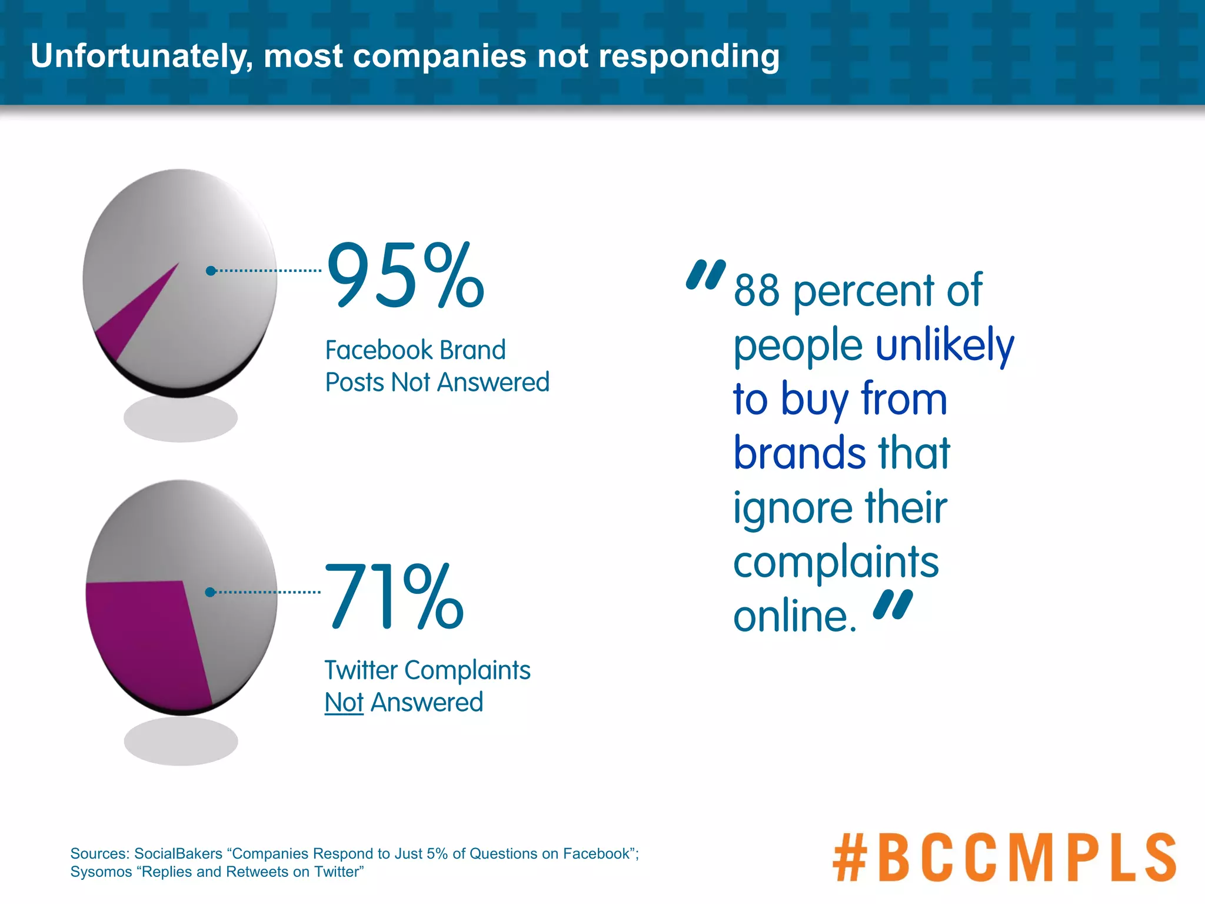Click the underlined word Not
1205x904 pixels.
344,703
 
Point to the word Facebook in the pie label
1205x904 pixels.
378,350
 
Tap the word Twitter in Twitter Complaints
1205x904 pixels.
361,670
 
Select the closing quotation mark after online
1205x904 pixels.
893,604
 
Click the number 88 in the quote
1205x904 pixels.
757,291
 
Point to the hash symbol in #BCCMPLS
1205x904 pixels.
850,857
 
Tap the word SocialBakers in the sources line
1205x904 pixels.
178,853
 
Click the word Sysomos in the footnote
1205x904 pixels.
101,872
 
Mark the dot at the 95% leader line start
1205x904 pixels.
211,271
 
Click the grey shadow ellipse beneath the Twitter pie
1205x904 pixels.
181,741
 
